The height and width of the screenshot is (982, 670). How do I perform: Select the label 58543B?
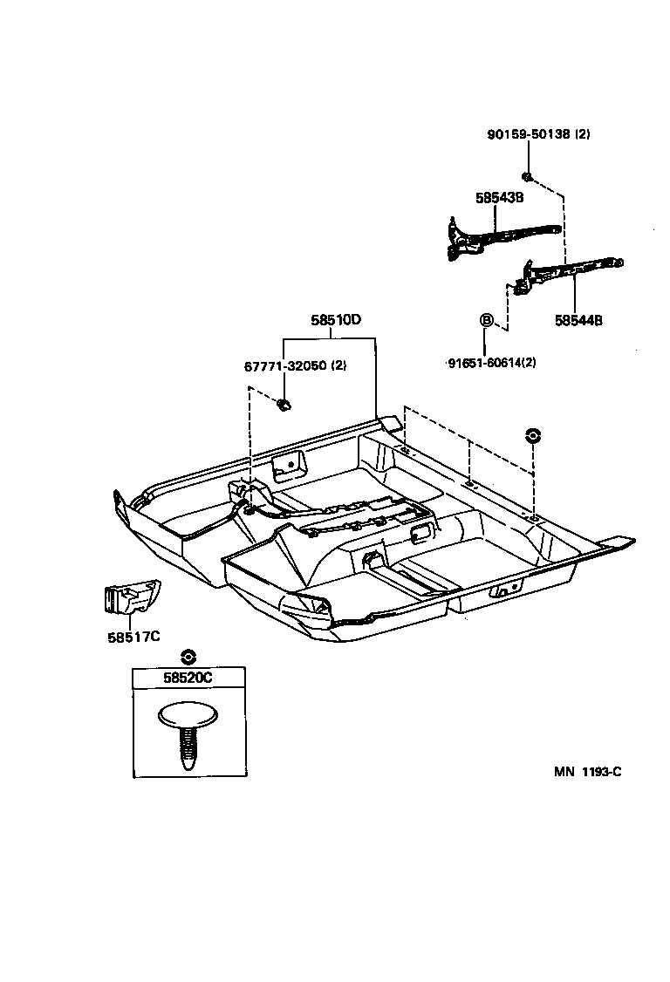click(x=499, y=198)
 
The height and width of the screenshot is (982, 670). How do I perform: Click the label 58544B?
click(x=578, y=320)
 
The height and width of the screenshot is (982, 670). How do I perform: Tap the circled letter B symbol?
click(x=486, y=320)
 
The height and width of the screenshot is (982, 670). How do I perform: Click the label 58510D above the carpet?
click(x=336, y=320)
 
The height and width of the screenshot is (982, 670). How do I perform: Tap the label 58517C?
click(x=134, y=636)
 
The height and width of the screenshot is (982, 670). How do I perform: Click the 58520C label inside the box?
click(x=188, y=678)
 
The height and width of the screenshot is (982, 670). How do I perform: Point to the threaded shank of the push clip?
click(x=188, y=747)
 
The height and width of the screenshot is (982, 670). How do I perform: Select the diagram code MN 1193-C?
click(x=587, y=772)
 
